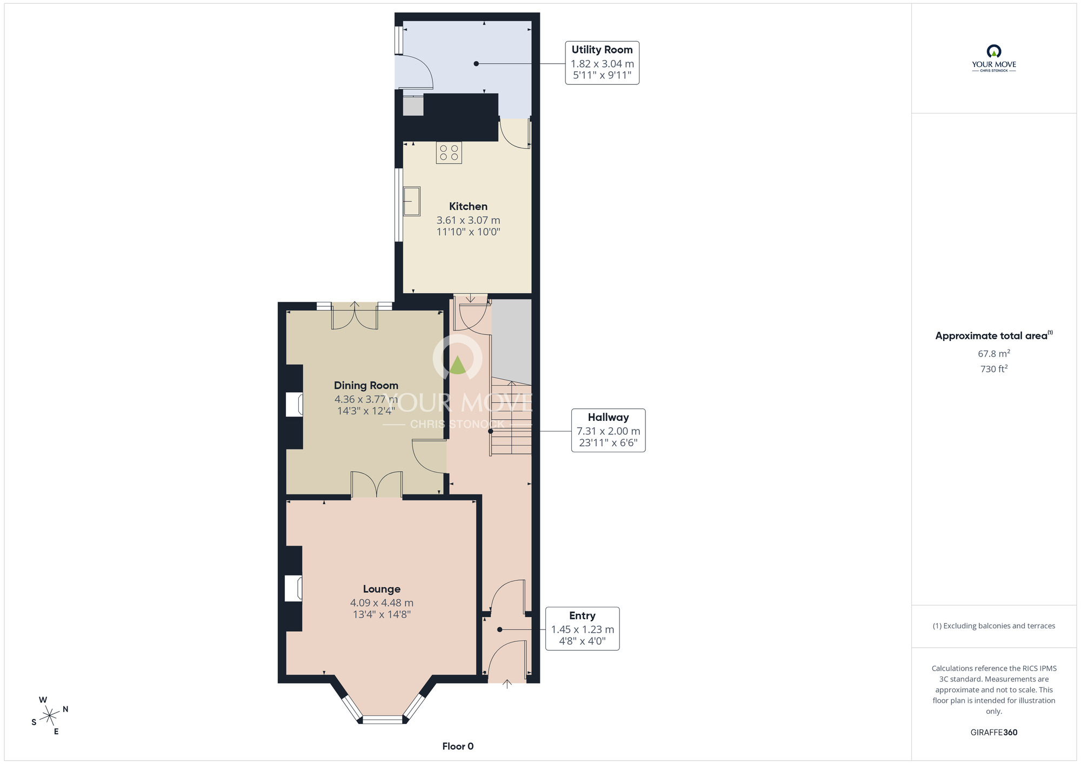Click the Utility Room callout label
[x=602, y=63]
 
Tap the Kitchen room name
[x=468, y=206]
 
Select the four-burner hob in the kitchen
[x=449, y=152]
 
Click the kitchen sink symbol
[x=412, y=202]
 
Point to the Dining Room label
[x=366, y=385]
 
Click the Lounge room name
[x=382, y=589]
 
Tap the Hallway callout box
[x=608, y=430]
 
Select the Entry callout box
[x=582, y=628]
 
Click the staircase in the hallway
[x=511, y=417]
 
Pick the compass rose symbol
[x=50, y=716]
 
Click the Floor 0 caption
[x=458, y=746]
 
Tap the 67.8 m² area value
[x=994, y=353]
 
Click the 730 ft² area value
[x=994, y=368]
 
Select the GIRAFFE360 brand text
[x=994, y=732]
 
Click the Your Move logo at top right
[x=994, y=58]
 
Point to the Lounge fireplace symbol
[x=293, y=588]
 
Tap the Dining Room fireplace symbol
[x=294, y=404]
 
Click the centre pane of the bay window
[x=382, y=719]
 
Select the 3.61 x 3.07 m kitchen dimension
[x=468, y=220]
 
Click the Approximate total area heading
[x=994, y=336]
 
